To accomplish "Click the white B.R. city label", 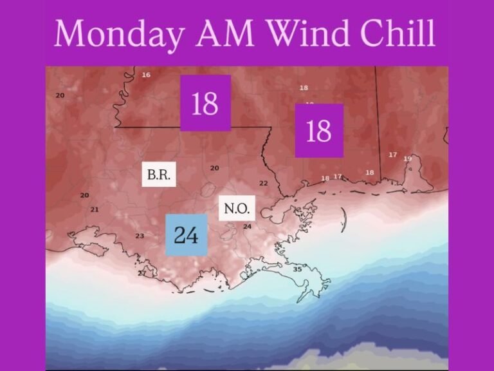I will point(159,175).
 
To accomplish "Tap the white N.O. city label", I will point(236,209).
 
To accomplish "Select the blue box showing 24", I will point(186,235).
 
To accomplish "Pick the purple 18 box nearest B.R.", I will point(205,103).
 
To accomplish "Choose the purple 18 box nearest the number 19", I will point(319,131).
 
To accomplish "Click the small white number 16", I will point(146,75).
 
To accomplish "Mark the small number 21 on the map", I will point(95,209).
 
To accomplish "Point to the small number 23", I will point(140,236).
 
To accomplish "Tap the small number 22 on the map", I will point(263,184).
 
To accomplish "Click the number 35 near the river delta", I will point(297,269).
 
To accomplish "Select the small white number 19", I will point(407,158).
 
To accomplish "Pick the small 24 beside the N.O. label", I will point(247,227).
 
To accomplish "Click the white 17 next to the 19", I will point(392,155).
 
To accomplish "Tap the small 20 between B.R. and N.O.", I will point(215,168).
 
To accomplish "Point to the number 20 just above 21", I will point(84,195).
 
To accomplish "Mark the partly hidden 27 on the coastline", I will point(142,273).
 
